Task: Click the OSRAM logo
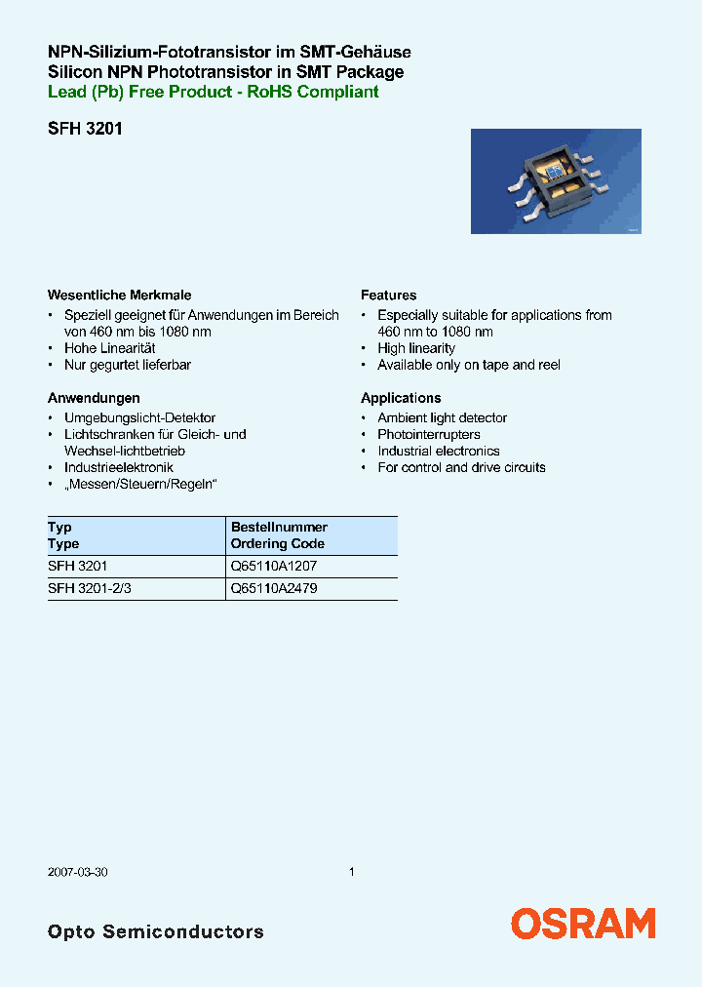click(x=583, y=924)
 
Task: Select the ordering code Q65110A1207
click(x=273, y=567)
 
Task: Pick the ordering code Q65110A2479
click(x=273, y=589)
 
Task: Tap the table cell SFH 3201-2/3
click(x=89, y=589)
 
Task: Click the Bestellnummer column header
click(x=279, y=528)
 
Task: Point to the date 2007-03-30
click(x=77, y=872)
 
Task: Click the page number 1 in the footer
click(x=351, y=872)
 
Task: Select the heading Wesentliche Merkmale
click(x=119, y=295)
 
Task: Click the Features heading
click(x=388, y=295)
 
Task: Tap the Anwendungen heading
click(x=94, y=398)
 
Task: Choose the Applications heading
click(x=401, y=398)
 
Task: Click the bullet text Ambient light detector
click(x=442, y=417)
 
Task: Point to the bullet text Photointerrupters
click(x=429, y=434)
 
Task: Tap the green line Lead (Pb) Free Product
click(x=213, y=92)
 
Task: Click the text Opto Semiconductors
click(x=156, y=931)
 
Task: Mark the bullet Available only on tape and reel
click(x=469, y=365)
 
